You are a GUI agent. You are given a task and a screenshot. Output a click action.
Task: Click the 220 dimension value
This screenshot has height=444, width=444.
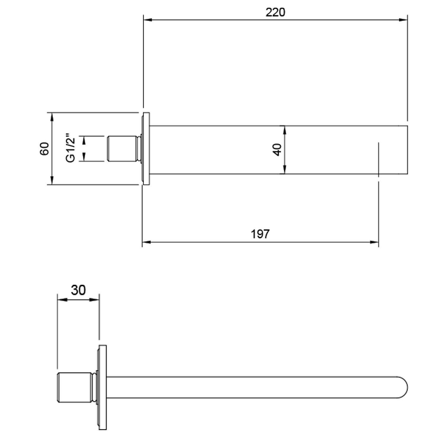click(x=275, y=12)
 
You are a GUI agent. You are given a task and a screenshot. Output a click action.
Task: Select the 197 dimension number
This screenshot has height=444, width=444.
click(x=260, y=234)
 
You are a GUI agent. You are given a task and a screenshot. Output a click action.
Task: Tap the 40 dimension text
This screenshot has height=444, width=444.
click(x=278, y=149)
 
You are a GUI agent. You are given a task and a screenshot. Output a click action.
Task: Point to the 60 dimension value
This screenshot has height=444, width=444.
click(x=44, y=149)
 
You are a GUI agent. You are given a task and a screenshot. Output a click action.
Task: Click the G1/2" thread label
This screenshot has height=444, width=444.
click(x=70, y=149)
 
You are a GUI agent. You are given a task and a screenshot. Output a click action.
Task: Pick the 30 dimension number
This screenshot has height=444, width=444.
click(x=78, y=290)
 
